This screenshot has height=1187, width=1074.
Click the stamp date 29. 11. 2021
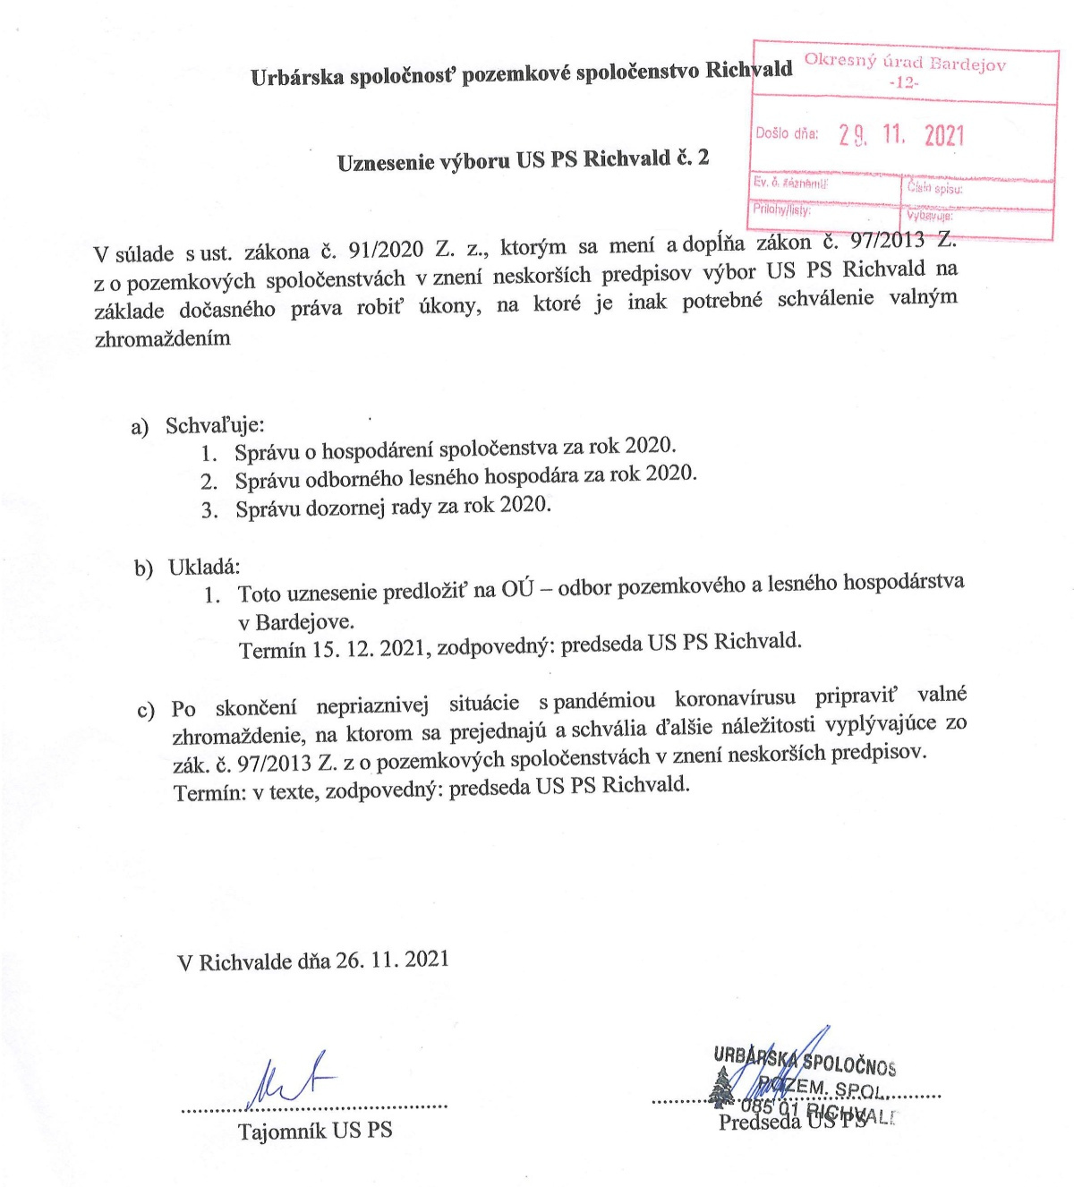[901, 135]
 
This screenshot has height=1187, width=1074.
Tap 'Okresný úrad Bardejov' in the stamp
[905, 63]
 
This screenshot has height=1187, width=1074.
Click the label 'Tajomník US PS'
[315, 1131]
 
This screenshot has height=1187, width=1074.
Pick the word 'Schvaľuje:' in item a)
[215, 425]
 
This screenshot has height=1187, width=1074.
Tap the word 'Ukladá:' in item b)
[204, 568]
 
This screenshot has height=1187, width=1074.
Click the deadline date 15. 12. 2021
[368, 648]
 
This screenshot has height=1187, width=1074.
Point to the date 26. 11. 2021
[392, 960]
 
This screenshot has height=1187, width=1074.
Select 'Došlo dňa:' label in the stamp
[787, 133]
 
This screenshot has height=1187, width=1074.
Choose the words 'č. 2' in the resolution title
[693, 158]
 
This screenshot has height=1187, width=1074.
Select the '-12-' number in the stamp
[905, 82]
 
